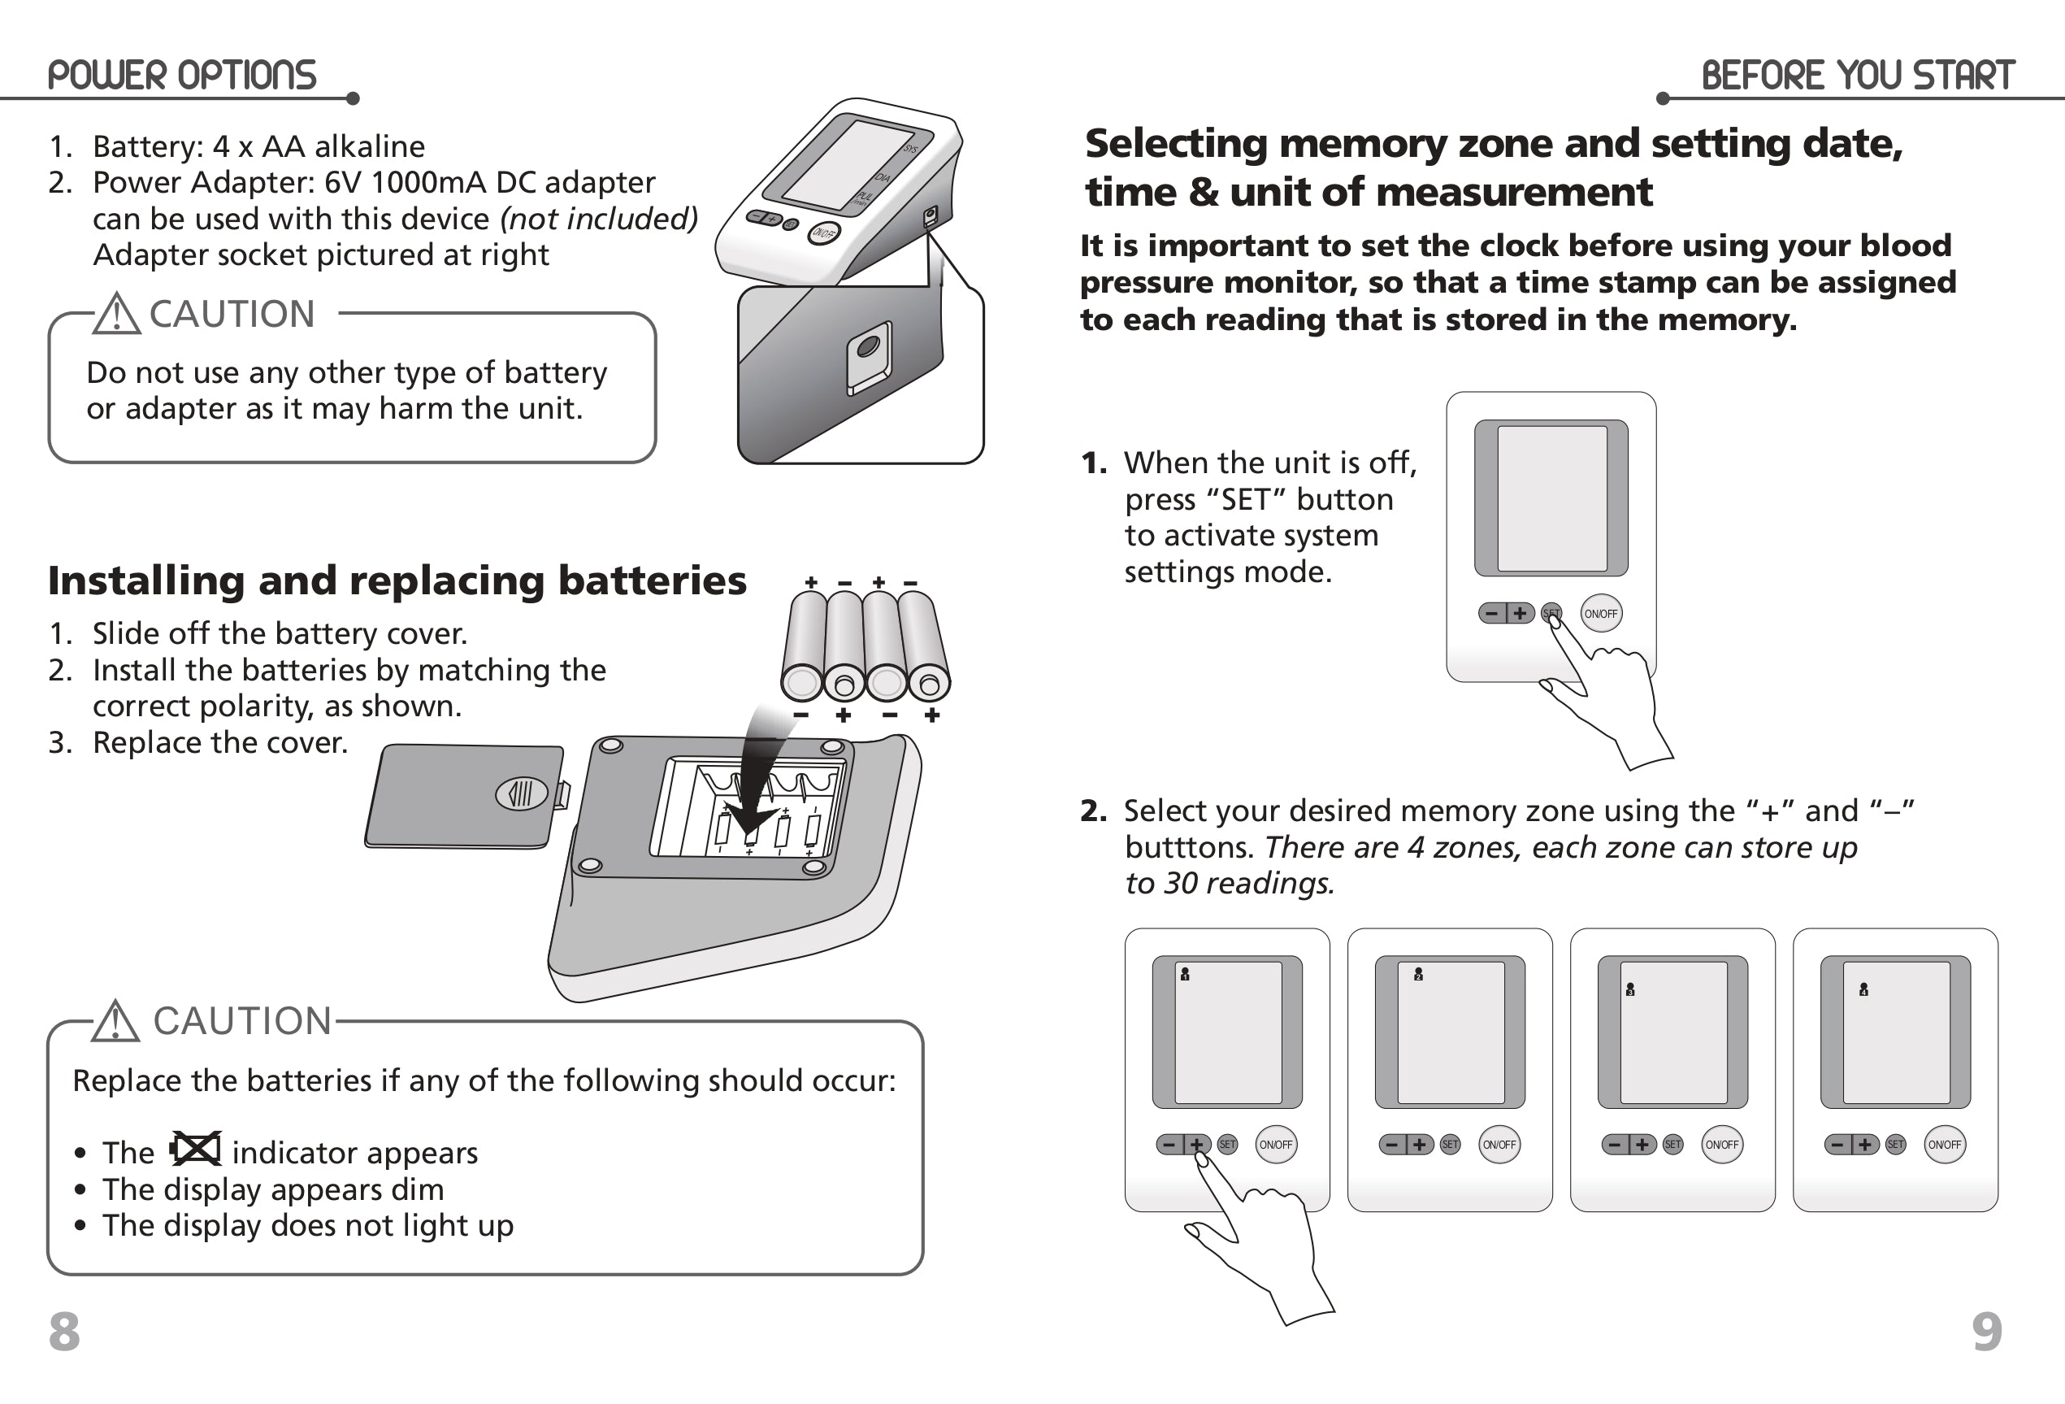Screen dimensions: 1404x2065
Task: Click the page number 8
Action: (x=64, y=1331)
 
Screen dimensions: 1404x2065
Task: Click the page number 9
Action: (x=1987, y=1331)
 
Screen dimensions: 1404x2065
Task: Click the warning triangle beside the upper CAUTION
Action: (x=117, y=314)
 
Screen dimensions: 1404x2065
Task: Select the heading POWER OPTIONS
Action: (x=182, y=76)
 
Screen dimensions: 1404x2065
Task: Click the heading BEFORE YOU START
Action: (x=1857, y=76)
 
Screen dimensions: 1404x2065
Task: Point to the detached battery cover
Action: (x=465, y=796)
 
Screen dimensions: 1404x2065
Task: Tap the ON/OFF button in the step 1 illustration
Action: (x=1601, y=613)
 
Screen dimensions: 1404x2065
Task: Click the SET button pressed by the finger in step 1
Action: (x=1551, y=613)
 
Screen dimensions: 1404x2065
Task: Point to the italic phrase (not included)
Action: (x=599, y=219)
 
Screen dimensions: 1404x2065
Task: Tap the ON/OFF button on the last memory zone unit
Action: (x=1944, y=1145)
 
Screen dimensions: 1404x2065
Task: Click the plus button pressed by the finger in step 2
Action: (x=1197, y=1145)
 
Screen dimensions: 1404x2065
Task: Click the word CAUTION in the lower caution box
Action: (x=242, y=1021)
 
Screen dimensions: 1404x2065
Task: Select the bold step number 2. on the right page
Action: (x=1094, y=811)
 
